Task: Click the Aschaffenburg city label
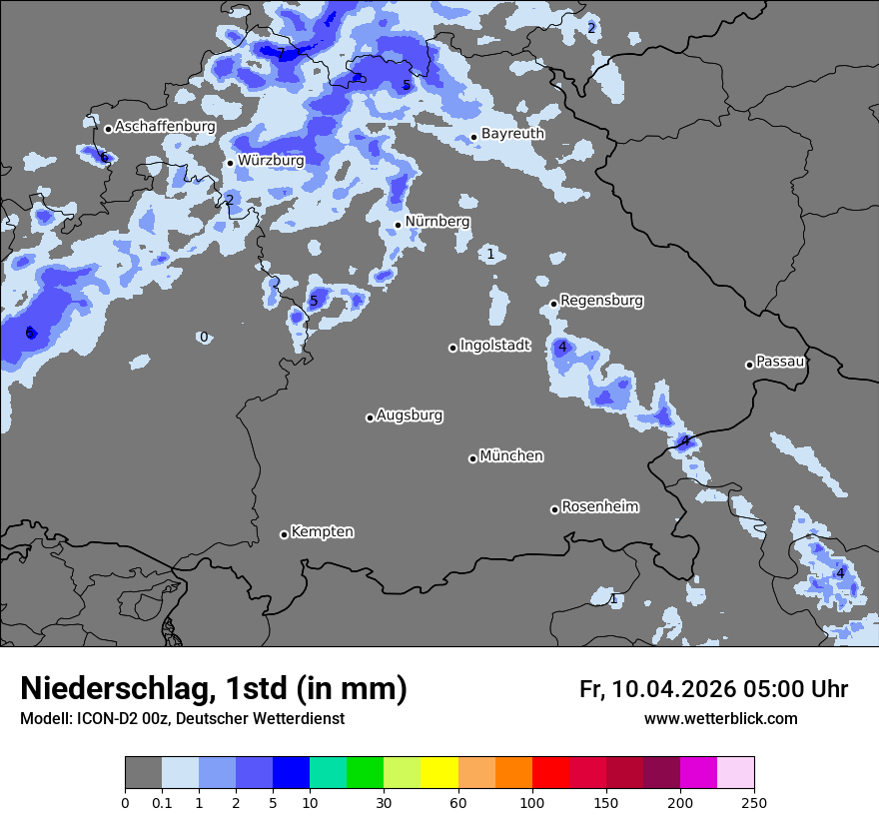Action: pyautogui.click(x=165, y=127)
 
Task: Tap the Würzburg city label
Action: pyautogui.click(x=271, y=160)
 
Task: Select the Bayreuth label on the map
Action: pyautogui.click(x=512, y=134)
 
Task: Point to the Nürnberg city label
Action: pyautogui.click(x=437, y=222)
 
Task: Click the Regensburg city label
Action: pyautogui.click(x=601, y=301)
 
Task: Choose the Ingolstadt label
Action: pyautogui.click(x=495, y=346)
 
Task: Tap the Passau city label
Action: pyautogui.click(x=780, y=362)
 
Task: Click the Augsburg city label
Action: pyautogui.click(x=410, y=415)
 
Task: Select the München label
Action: pyautogui.click(x=511, y=456)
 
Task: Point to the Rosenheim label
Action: pyautogui.click(x=599, y=507)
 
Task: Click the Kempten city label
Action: pyautogui.click(x=322, y=532)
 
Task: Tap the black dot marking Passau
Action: pyautogui.click(x=749, y=365)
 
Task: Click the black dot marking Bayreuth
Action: pyautogui.click(x=473, y=138)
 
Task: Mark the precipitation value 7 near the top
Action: pyautogui.click(x=281, y=53)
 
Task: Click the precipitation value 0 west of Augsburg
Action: pyautogui.click(x=204, y=338)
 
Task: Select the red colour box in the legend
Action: pyautogui.click(x=550, y=773)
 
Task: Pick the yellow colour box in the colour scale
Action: pyautogui.click(x=439, y=773)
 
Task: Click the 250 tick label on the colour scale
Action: pyautogui.click(x=754, y=802)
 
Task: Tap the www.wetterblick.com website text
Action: pyautogui.click(x=720, y=719)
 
